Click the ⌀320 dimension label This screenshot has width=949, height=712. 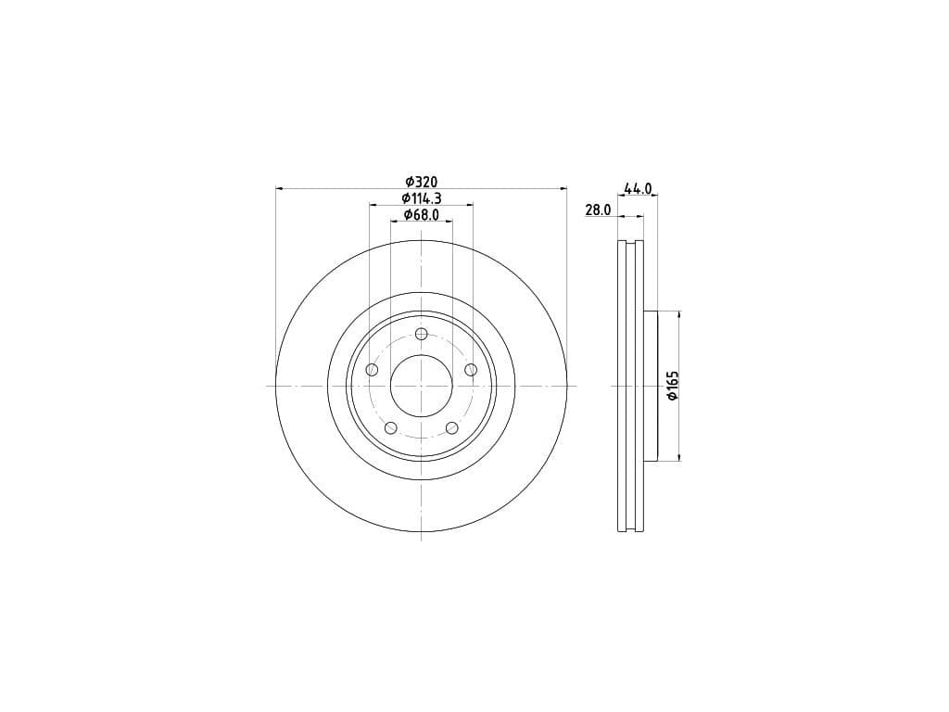coord(422,182)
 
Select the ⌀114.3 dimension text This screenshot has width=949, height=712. coord(422,198)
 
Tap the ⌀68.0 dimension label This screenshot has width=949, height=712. coord(422,214)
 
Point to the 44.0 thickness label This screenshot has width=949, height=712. coord(638,188)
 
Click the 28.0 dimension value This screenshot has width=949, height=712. coord(598,210)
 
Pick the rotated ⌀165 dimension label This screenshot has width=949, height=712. coord(673,386)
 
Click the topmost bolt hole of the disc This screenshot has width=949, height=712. coord(422,334)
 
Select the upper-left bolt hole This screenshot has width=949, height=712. coord(373,370)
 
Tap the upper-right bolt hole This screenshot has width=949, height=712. coord(471,369)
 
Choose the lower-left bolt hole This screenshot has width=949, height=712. coord(391,428)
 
